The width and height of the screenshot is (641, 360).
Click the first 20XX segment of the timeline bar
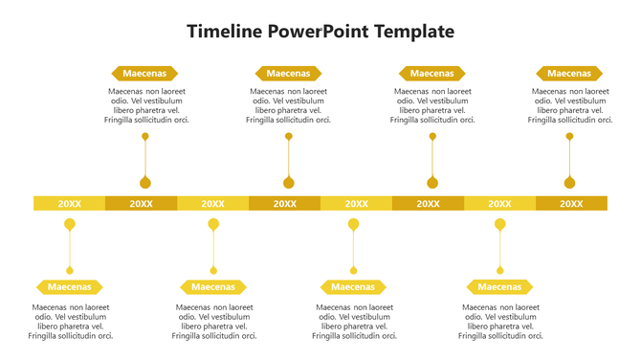click(x=69, y=203)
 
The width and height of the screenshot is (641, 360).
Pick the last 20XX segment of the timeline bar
click(x=571, y=203)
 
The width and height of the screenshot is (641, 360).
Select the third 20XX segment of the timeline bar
click(x=212, y=203)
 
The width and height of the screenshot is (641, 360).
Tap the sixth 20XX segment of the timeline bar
click(x=428, y=203)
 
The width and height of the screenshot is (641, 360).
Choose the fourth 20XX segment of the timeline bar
click(x=284, y=203)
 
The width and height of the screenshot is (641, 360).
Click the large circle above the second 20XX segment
click(x=145, y=183)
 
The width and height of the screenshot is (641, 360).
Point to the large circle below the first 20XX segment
click(x=69, y=225)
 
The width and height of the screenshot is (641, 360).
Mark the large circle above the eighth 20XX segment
click(x=570, y=183)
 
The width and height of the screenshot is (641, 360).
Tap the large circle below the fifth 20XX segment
click(x=354, y=225)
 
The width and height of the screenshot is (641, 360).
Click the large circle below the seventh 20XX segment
click(x=499, y=225)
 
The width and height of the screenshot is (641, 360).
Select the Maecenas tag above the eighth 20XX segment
click(x=569, y=73)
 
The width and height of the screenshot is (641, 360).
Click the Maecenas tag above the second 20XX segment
click(x=144, y=73)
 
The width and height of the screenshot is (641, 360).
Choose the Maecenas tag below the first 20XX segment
click(x=69, y=286)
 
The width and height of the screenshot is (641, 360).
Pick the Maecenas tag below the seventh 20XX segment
click(x=499, y=286)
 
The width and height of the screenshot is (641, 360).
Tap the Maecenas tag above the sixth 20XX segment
click(x=431, y=73)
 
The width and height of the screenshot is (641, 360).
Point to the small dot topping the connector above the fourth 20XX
click(x=288, y=137)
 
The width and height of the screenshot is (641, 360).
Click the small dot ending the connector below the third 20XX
click(x=213, y=270)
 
